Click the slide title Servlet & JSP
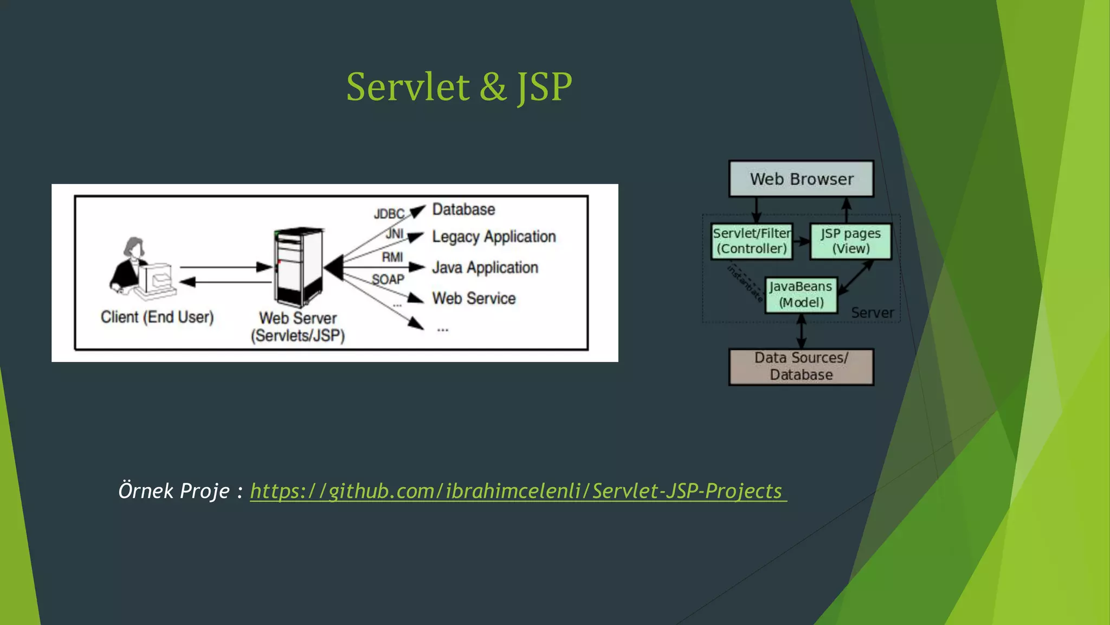pyautogui.click(x=459, y=87)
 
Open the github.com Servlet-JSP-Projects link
pyautogui.click(x=518, y=491)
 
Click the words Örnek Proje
pyautogui.click(x=174, y=491)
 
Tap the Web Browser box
pyautogui.click(x=801, y=179)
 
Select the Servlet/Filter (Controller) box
pyautogui.click(x=752, y=241)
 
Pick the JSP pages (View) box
pyautogui.click(x=850, y=241)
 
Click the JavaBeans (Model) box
pyautogui.click(x=801, y=295)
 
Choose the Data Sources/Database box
pyautogui.click(x=801, y=367)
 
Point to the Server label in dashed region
pyautogui.click(x=872, y=313)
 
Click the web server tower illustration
pyautogui.click(x=298, y=267)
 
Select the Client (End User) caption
pyautogui.click(x=157, y=317)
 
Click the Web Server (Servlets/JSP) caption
pyautogui.click(x=298, y=327)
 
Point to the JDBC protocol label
pyautogui.click(x=389, y=214)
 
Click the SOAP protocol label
pyautogui.click(x=388, y=279)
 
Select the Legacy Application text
pyautogui.click(x=494, y=237)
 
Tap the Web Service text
pyautogui.click(x=474, y=298)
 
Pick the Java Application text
pyautogui.click(x=485, y=267)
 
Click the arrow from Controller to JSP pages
pyautogui.click(x=801, y=241)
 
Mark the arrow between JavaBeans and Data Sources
pyautogui.click(x=801, y=331)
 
